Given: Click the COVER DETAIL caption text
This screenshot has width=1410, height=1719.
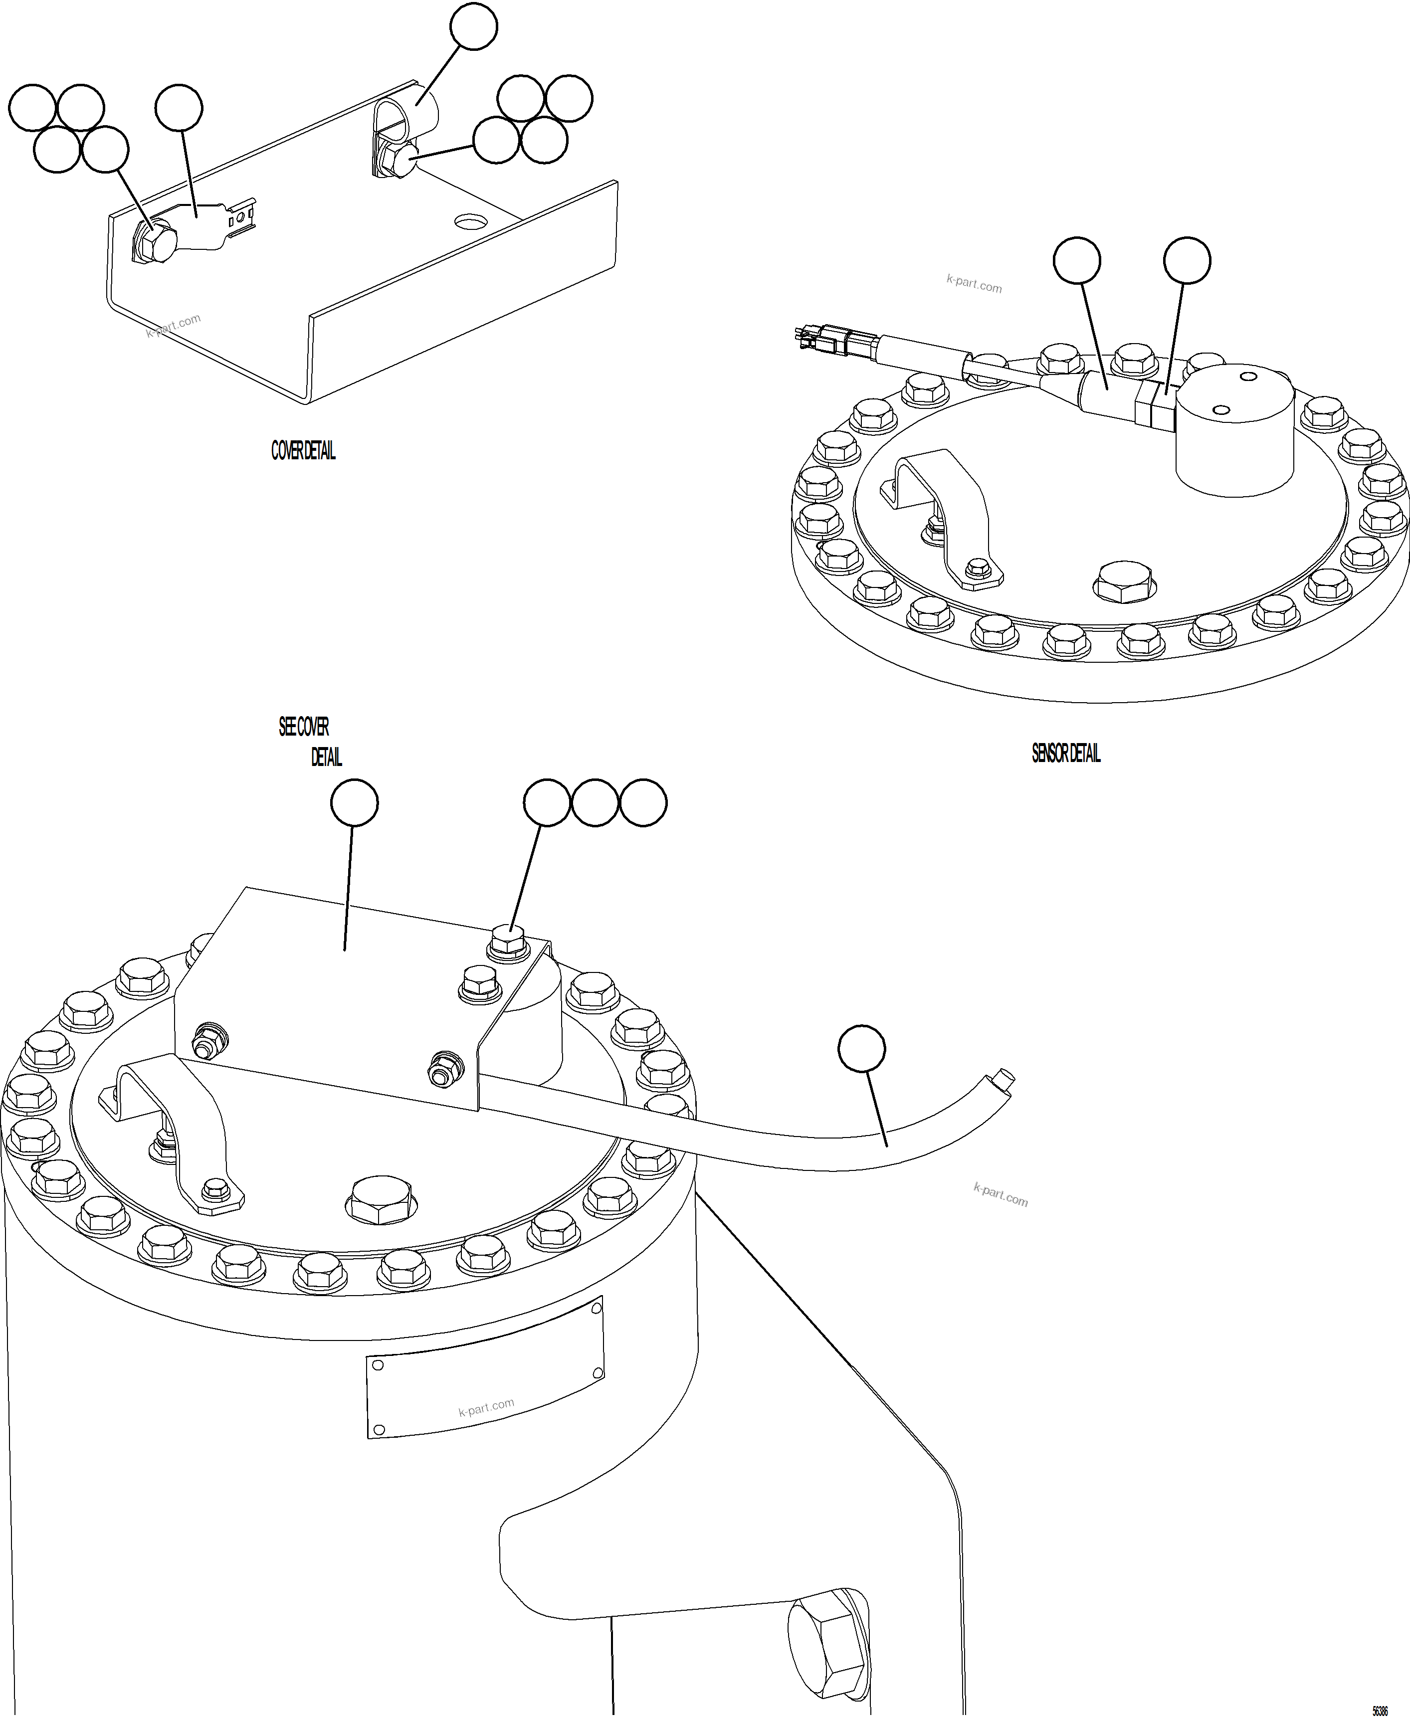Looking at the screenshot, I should (x=303, y=451).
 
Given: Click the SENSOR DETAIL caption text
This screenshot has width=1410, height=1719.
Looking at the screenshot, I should (x=1066, y=754).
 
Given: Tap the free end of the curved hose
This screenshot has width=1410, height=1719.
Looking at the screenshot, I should (x=1004, y=1081).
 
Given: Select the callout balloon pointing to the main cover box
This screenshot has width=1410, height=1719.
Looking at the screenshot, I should (x=354, y=803).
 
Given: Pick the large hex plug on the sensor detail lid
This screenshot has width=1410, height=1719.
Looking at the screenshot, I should (x=1124, y=581).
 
